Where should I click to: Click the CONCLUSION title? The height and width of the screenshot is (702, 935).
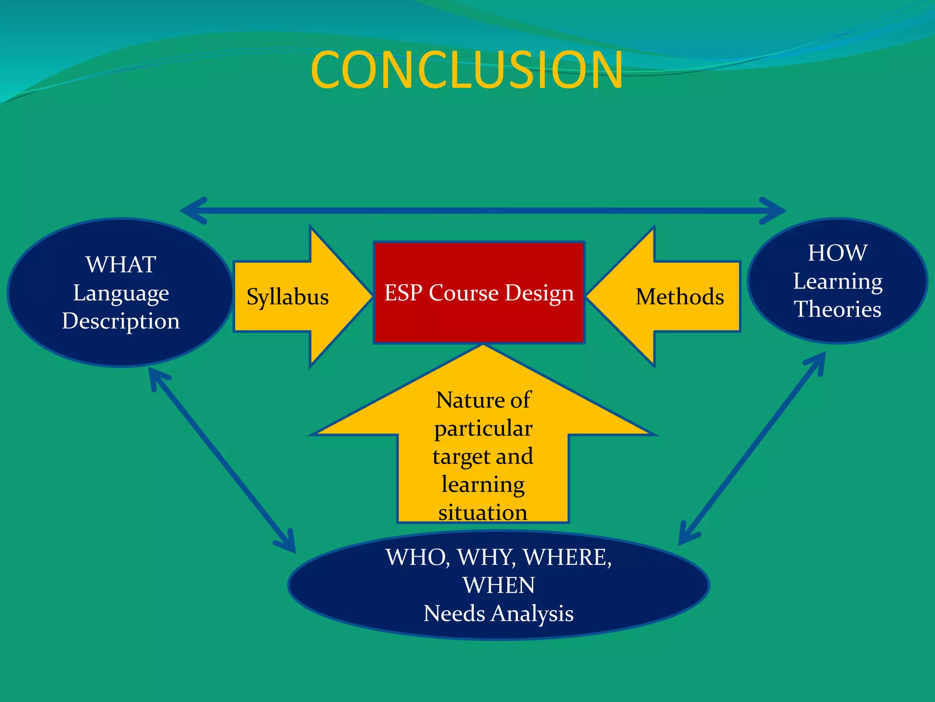(x=467, y=70)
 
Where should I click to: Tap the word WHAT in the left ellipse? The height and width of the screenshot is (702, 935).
(x=121, y=265)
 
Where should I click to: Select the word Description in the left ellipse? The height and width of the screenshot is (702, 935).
(x=121, y=321)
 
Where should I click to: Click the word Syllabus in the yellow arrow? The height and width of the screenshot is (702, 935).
(x=288, y=297)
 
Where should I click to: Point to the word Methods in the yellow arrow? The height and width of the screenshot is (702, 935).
(x=679, y=297)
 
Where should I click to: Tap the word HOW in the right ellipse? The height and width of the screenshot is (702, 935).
(x=837, y=253)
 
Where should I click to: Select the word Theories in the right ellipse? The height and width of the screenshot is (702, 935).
(x=837, y=309)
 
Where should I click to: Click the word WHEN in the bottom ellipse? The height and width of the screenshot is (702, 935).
(x=499, y=585)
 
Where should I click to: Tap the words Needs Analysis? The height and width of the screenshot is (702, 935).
(x=499, y=614)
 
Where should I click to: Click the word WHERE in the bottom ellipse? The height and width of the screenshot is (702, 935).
(x=567, y=558)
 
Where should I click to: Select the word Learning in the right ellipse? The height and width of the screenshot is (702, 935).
(x=837, y=281)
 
